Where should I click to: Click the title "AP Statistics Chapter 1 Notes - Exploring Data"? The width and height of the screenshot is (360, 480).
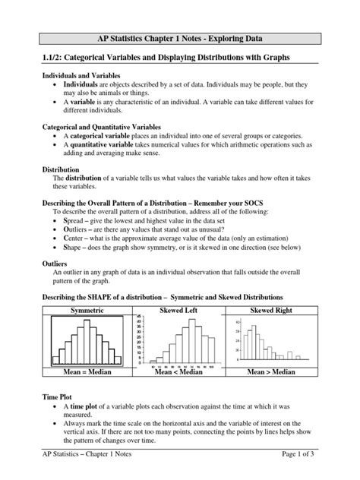179,38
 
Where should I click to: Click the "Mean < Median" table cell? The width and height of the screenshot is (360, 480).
178,373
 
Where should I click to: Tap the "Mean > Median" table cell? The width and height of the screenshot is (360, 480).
270,373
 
